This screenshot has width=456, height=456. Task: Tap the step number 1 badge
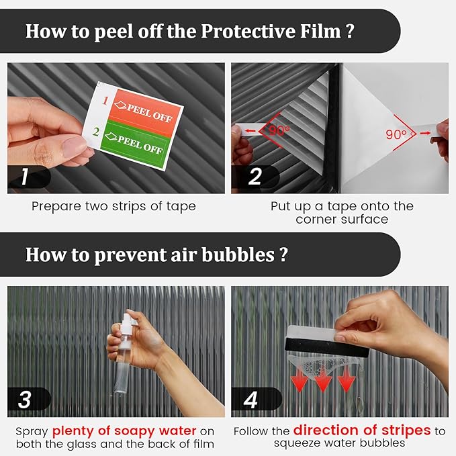24,177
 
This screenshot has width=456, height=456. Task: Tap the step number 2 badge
255,177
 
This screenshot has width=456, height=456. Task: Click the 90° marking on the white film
397,134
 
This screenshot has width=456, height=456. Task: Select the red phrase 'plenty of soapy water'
124,430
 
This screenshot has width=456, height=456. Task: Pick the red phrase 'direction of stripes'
361,430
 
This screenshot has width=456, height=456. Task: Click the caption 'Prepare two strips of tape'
113,206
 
